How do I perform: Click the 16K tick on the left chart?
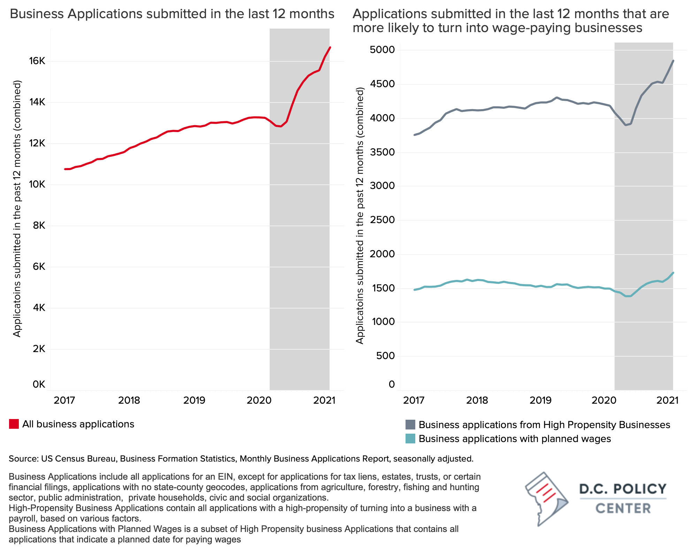click(37, 61)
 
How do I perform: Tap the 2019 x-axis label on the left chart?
click(194, 400)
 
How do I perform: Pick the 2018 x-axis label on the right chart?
click(477, 400)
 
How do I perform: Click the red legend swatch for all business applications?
click(14, 424)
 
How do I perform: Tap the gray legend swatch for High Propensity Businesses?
click(410, 425)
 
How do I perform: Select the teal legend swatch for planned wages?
click(410, 439)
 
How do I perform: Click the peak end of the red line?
click(330, 47)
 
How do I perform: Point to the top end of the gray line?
click(673, 61)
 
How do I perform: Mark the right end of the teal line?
click(673, 273)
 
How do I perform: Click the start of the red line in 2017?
click(65, 169)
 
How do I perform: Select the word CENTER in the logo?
click(623, 508)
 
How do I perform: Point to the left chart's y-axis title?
click(17, 209)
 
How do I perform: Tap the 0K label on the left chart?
click(39, 385)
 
